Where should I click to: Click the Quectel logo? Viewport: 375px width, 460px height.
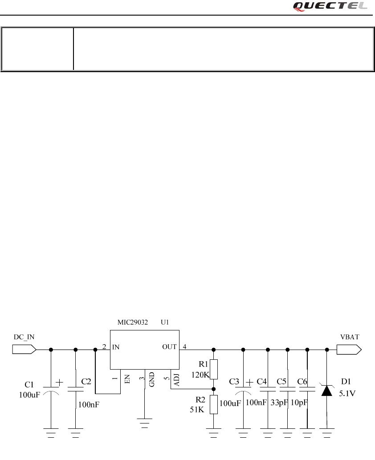click(x=330, y=6)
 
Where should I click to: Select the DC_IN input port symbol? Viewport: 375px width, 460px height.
click(x=24, y=350)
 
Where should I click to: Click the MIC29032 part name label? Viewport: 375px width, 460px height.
click(x=133, y=322)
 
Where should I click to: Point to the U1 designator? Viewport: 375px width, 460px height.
click(x=165, y=322)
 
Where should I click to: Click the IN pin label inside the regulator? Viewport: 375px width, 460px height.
click(x=116, y=347)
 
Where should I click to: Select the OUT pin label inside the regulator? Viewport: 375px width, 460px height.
click(x=170, y=347)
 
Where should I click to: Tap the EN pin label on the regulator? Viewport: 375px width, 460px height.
click(x=127, y=379)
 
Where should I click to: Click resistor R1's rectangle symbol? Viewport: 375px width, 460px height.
click(x=213, y=369)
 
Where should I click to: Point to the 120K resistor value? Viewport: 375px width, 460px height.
click(x=200, y=375)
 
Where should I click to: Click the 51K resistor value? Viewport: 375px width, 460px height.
click(x=197, y=410)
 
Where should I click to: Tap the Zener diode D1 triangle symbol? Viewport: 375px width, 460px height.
click(x=327, y=391)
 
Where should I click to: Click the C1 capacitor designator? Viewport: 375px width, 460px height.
click(x=29, y=384)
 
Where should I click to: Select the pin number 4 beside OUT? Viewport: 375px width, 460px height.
click(x=185, y=346)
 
